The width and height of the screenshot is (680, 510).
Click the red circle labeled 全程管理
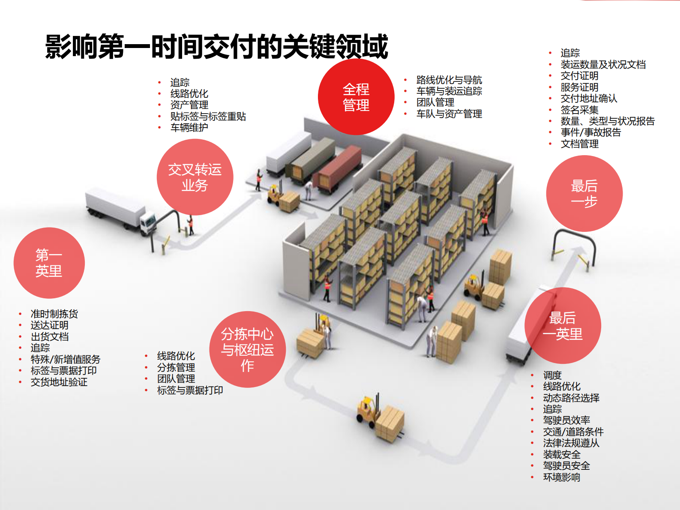click(356, 97)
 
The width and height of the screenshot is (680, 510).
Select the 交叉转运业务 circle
click(195, 177)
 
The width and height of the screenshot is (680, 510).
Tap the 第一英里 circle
click(49, 263)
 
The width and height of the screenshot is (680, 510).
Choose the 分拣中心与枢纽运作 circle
click(247, 350)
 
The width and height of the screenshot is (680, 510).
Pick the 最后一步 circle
click(584, 194)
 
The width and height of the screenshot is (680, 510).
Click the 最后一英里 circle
click(563, 326)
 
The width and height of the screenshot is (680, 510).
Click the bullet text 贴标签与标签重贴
click(208, 116)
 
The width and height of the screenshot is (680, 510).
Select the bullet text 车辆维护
click(189, 127)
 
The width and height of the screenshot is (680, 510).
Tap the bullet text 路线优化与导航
click(449, 80)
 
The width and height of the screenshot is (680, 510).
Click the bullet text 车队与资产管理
click(449, 114)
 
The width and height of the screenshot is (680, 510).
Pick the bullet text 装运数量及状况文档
click(603, 64)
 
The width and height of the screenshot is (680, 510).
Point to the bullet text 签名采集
click(579, 110)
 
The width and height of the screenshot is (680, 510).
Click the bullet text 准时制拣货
click(54, 314)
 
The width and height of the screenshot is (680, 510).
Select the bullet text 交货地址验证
click(59, 382)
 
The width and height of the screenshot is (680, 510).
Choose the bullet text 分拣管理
click(176, 367)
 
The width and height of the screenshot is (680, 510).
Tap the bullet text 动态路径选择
click(571, 398)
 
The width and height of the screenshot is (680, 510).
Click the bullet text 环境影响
click(561, 477)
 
